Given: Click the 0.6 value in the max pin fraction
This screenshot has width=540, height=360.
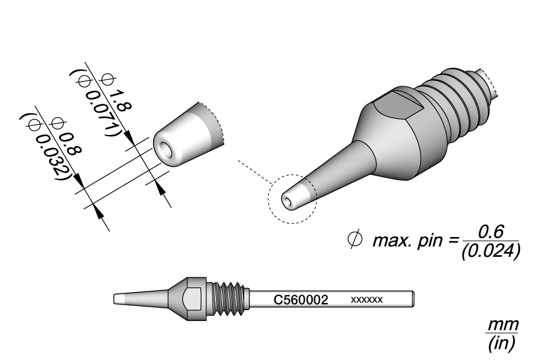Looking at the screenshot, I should click(491, 232).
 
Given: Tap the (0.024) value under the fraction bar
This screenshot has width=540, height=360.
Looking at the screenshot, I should click(491, 250).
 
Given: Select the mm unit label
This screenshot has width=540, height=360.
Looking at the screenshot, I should click(502, 325).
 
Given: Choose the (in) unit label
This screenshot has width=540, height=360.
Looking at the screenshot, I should click(502, 343).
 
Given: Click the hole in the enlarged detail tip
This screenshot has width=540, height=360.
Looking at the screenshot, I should click(163, 148).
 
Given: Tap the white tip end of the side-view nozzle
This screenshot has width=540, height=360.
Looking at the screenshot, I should click(119, 298).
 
